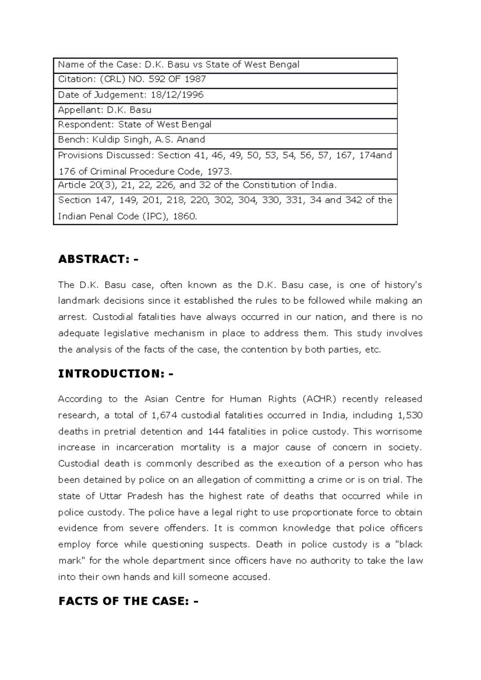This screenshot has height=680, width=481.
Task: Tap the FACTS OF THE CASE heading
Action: pyautogui.click(x=128, y=601)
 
